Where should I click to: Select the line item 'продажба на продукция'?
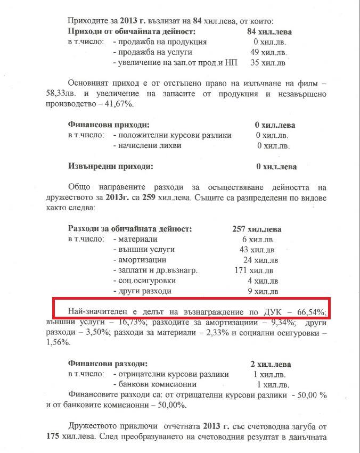point(160,42)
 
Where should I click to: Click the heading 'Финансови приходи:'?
point(105,125)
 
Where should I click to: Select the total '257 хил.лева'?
point(257,229)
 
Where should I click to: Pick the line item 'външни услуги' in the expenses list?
point(146,250)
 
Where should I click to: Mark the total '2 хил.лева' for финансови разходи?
point(270,364)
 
